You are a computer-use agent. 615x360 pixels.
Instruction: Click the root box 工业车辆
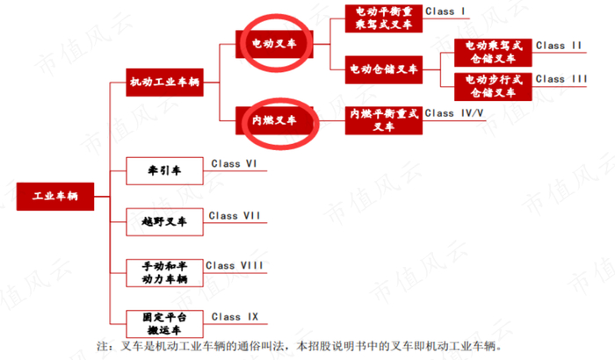[55, 196]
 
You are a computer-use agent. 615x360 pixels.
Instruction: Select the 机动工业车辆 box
[163, 83]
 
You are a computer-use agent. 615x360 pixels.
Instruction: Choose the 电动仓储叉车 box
[383, 68]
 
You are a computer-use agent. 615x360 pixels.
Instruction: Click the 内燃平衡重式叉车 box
[383, 120]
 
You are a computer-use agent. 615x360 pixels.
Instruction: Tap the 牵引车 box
[163, 169]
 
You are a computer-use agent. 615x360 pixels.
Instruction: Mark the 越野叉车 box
[163, 222]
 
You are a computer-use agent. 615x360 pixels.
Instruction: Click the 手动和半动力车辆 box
[163, 271]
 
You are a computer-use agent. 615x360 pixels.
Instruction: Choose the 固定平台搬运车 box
[163, 323]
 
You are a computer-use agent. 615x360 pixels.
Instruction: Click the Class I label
[445, 11]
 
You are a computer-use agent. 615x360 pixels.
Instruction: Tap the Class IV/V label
[454, 113]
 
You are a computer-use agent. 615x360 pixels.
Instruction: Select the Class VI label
[233, 164]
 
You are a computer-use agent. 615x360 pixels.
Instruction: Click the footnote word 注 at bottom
[102, 346]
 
